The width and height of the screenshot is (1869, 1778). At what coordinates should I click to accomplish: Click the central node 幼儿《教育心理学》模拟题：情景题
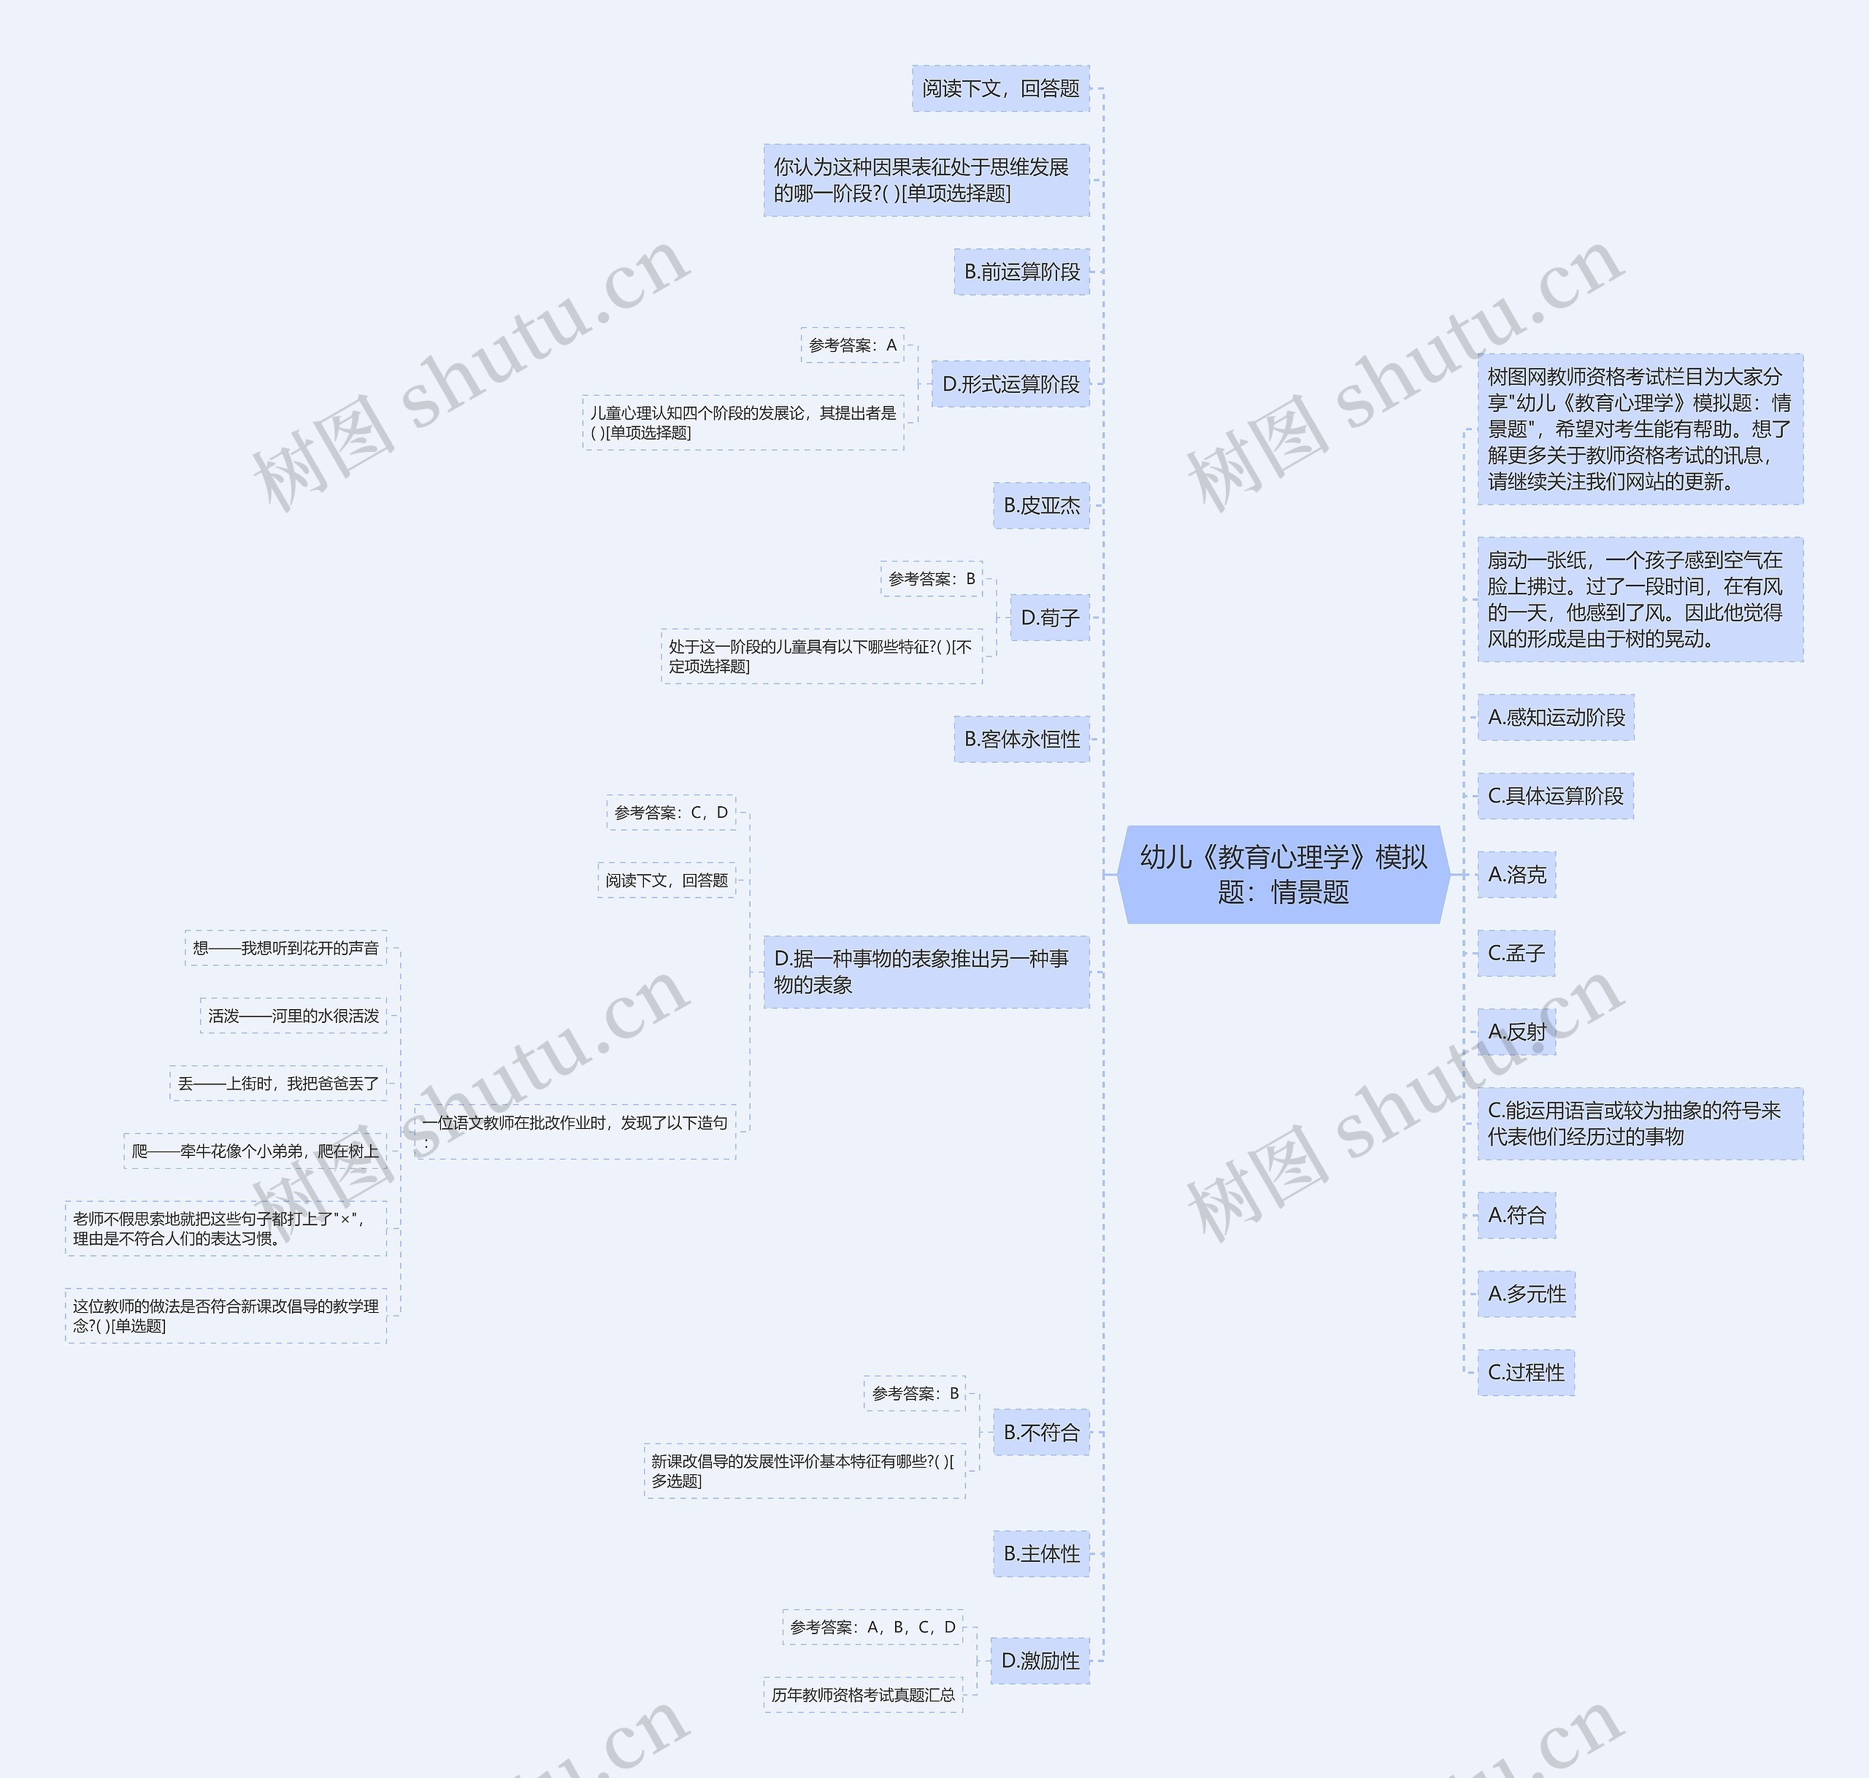click(1283, 874)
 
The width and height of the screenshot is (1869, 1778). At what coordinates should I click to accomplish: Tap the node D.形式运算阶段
click(1010, 384)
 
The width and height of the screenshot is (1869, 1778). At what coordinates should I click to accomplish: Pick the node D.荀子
click(1049, 618)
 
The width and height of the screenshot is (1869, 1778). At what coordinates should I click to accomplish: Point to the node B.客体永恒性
click(1021, 739)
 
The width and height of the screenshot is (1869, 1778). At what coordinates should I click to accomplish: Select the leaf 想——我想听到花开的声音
click(285, 948)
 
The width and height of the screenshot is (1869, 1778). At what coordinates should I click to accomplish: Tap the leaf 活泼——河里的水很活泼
click(293, 1016)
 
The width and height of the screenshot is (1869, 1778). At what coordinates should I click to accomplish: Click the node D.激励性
click(1040, 1660)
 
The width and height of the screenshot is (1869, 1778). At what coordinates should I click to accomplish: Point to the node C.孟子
click(1516, 952)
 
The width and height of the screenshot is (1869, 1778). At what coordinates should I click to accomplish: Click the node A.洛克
click(1516, 874)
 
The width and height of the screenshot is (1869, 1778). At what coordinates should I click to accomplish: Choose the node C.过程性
click(1526, 1372)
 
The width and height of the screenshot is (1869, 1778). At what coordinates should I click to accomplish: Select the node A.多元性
click(1526, 1294)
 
